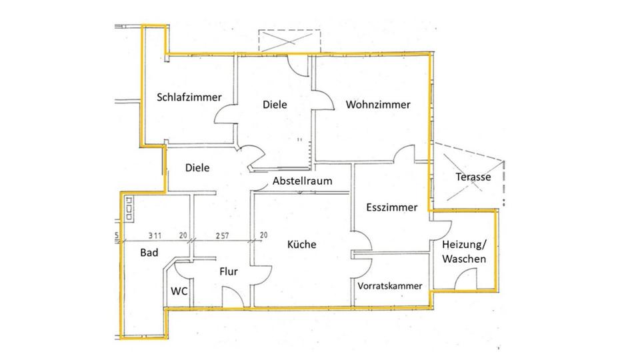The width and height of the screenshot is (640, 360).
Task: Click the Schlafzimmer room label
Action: click(189, 97)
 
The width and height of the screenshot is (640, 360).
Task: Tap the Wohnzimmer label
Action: click(378, 105)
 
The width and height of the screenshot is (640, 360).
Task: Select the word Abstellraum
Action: click(302, 181)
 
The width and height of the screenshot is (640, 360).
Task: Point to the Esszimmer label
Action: click(391, 207)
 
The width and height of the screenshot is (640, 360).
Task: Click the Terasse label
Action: click(473, 177)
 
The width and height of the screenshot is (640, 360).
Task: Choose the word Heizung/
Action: click(465, 246)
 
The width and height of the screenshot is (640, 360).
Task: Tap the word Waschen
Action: click(463, 259)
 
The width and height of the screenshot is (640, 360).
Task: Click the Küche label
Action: click(301, 245)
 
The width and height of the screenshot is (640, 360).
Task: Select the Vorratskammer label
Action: click(390, 285)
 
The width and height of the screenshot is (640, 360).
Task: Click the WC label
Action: click(179, 291)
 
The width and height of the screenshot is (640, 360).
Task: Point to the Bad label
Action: click(149, 253)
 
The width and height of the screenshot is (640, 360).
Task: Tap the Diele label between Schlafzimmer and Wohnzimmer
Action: click(274, 105)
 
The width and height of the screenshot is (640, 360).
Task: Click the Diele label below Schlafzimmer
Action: click(197, 168)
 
